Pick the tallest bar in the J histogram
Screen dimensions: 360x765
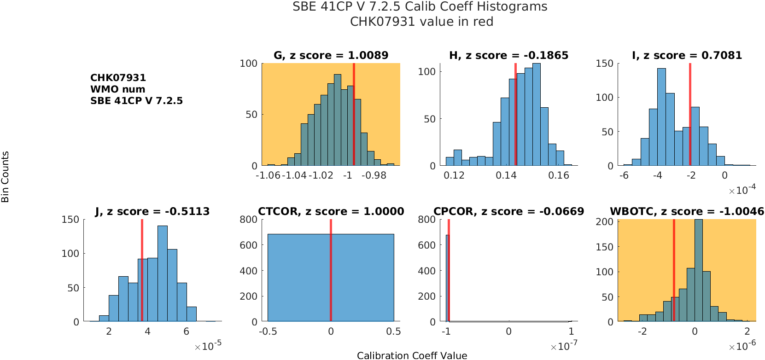(162, 273)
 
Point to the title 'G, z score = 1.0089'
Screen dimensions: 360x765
(331, 55)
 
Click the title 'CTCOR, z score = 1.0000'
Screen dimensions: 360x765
(331, 211)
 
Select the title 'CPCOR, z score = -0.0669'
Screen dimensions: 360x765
(508, 211)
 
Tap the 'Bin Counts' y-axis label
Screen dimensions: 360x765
(5, 177)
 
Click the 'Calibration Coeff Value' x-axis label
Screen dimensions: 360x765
(412, 355)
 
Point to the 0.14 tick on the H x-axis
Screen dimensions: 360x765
(506, 175)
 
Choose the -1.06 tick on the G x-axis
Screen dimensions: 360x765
(268, 175)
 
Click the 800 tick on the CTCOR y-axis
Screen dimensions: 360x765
(248, 220)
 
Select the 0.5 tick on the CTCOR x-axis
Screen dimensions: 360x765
(393, 331)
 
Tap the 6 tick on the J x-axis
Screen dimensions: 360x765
(186, 331)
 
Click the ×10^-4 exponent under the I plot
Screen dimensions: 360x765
(742, 190)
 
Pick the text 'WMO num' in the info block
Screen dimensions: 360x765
(117, 89)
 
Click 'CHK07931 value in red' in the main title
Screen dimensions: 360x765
(421, 22)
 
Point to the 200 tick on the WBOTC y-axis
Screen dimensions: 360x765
(604, 222)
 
